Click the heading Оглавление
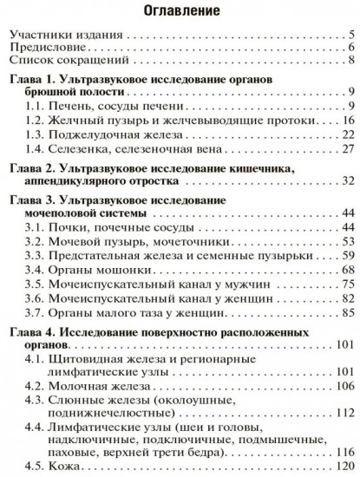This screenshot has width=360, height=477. point(180,12)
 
